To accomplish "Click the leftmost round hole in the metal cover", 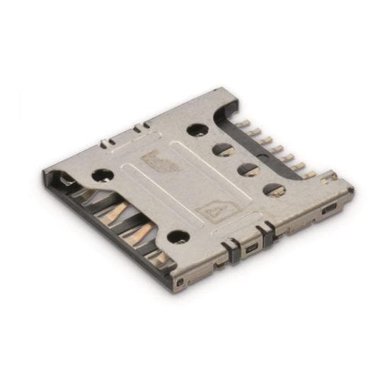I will point(103,174).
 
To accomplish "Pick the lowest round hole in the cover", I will point(179,237).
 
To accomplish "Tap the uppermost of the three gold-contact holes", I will point(223,150).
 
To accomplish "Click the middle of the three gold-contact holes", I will point(248,170).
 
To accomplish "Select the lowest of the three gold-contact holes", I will point(274,190).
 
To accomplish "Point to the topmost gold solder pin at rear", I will point(242,123).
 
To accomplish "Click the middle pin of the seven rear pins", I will point(277,149).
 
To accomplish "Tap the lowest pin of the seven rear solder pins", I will point(308,174).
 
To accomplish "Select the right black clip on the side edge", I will point(267,233).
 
